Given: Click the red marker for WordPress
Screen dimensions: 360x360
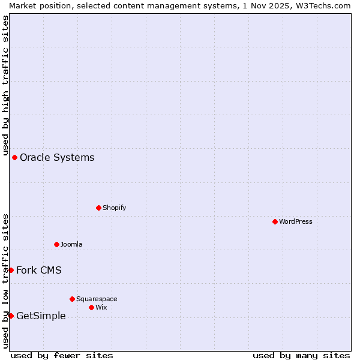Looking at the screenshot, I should (275, 221).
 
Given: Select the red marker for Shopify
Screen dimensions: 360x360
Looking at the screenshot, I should (98, 208).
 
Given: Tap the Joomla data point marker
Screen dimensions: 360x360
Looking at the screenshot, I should (56, 244).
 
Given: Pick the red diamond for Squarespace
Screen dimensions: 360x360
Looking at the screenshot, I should (72, 299).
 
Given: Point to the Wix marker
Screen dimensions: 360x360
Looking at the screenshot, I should (91, 307).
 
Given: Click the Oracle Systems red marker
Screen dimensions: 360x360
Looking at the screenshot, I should (14, 157).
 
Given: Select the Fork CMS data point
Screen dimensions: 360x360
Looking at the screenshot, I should (11, 270).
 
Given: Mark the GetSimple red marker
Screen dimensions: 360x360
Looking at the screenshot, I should (11, 316).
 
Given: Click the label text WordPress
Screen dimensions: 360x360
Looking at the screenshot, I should (296, 221).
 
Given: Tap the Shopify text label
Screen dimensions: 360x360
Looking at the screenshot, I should (115, 208).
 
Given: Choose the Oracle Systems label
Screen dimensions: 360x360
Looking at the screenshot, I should (57, 157).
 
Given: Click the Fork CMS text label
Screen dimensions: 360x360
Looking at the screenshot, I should (39, 270).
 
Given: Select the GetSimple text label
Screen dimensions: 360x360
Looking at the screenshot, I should (41, 316).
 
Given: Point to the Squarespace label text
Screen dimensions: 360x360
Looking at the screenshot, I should (97, 299).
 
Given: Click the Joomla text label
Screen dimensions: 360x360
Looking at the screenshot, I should (71, 244).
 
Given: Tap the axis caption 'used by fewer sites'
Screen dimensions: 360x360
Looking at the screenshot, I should (62, 355).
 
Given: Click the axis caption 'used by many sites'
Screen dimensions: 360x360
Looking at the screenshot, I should (301, 355).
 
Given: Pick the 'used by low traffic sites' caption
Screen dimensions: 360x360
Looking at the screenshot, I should (5, 280).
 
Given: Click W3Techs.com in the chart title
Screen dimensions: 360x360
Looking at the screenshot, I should (322, 5).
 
